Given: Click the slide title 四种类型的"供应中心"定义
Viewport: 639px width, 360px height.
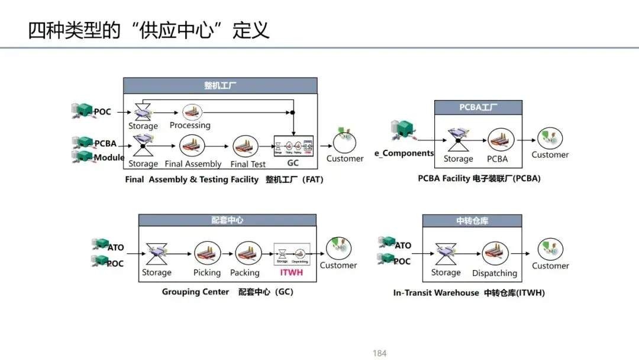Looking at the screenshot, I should coord(149,29).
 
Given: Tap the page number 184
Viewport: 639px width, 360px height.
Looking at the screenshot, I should coord(379,353).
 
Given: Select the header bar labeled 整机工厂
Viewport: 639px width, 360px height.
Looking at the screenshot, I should coord(220,85).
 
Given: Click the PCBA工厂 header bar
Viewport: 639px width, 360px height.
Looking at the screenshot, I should coord(478,108).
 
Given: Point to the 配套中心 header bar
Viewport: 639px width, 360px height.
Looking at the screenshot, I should coord(227,220).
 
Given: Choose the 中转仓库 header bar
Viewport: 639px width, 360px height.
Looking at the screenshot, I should coord(472,221).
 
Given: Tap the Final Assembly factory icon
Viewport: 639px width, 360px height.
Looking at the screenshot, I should coord(192,146).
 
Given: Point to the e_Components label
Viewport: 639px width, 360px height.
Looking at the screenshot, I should coord(404,153).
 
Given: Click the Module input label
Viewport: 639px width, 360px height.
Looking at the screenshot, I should coord(109,157).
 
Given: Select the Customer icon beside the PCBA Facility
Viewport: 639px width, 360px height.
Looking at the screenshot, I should coord(549,139).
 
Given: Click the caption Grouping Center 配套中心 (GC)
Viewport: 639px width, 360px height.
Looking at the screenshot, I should coord(228,292).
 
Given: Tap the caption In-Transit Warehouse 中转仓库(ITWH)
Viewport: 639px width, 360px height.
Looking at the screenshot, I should coord(469,292).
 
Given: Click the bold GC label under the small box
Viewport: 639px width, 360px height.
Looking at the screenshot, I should coord(293,163).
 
